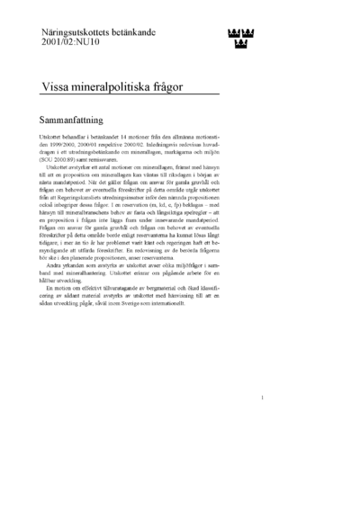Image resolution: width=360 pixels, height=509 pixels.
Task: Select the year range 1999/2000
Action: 72,141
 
